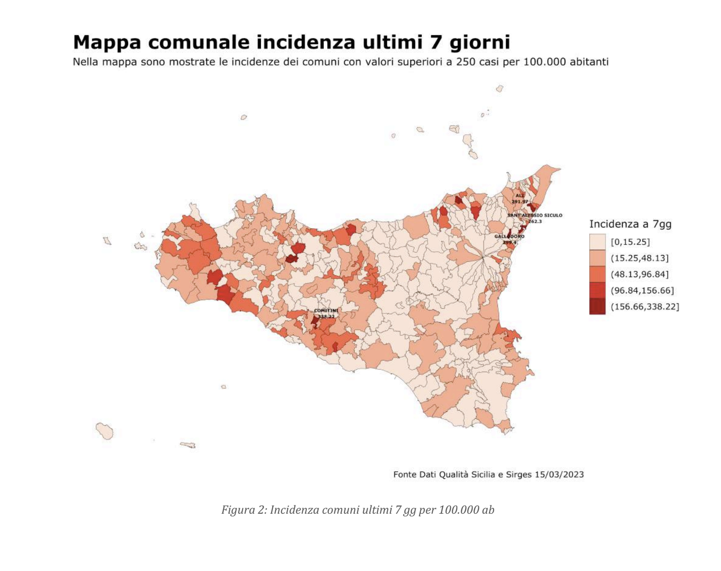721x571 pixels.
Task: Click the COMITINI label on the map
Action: coord(326,311)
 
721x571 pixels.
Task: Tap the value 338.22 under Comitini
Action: coord(326,316)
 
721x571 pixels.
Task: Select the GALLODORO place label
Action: coord(509,237)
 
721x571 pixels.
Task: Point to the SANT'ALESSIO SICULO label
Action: coord(535,216)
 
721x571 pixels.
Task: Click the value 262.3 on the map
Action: coord(535,221)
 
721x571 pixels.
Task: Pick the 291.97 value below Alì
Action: coord(520,202)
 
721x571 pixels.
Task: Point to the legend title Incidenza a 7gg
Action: coord(630,224)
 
